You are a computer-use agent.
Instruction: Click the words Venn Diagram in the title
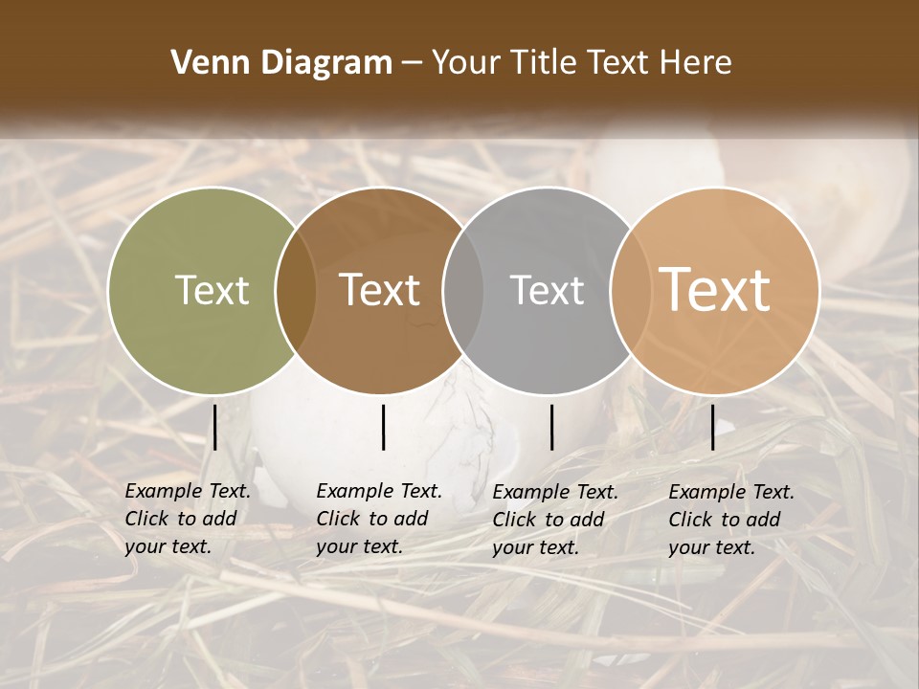tap(281, 63)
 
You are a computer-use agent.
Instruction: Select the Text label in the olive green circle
tap(212, 291)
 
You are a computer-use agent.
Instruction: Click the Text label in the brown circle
tap(380, 291)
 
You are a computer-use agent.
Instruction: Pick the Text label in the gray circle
tap(547, 291)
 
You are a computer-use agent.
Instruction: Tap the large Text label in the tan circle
tap(715, 291)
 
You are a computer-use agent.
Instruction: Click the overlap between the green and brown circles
tap(296, 291)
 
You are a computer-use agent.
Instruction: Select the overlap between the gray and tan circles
tap(628, 291)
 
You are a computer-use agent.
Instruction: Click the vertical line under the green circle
tap(215, 427)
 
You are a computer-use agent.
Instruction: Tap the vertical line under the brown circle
tap(383, 427)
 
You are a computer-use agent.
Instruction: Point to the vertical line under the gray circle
tap(552, 427)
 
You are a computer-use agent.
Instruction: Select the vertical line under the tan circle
tap(712, 427)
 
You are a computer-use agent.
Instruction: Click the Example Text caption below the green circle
tap(187, 519)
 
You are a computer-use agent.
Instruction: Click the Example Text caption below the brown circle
tap(378, 519)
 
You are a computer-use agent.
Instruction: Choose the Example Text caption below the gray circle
tap(554, 520)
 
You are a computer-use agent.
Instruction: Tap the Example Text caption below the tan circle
tap(730, 520)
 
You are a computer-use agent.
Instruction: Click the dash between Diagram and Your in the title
tap(412, 64)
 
